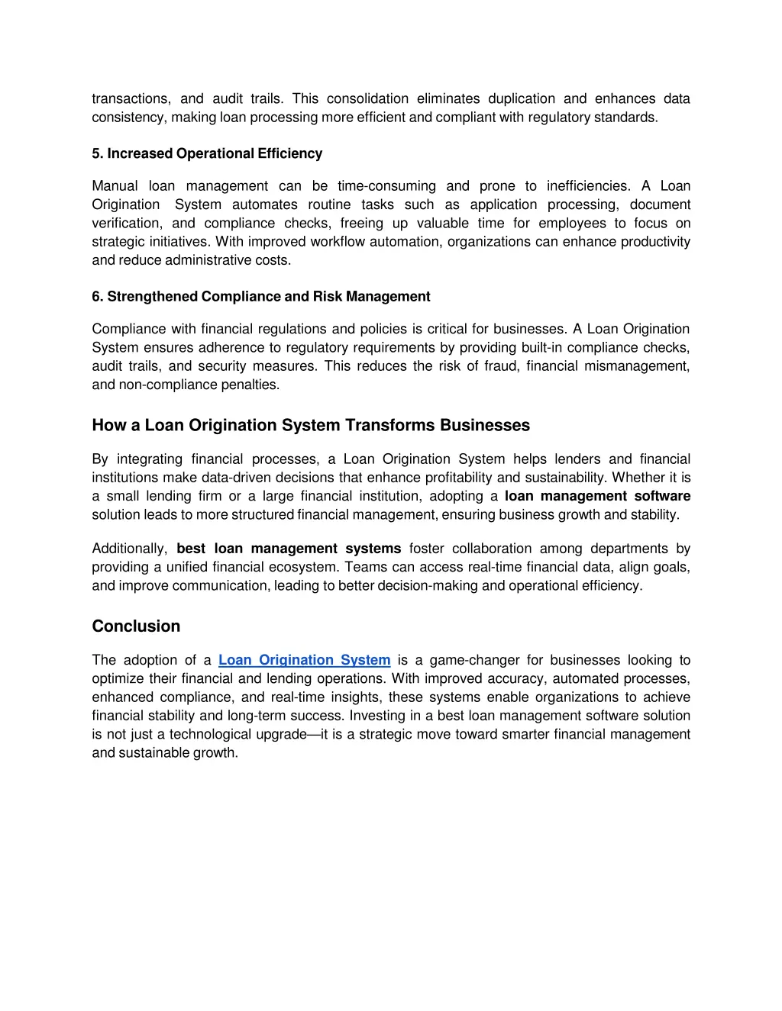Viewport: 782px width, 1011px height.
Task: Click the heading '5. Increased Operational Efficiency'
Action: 207,153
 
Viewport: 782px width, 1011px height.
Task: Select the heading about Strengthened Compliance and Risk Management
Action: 260,296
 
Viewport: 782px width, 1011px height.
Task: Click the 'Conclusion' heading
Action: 136,626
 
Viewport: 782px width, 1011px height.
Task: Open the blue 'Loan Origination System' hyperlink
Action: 304,660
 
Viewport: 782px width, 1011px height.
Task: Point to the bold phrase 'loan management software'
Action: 597,496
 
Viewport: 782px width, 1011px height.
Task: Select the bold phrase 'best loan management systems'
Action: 289,549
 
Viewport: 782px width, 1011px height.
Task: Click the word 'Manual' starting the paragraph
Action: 115,186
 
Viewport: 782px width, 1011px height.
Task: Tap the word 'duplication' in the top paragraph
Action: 522,98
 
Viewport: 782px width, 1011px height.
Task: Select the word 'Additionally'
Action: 128,549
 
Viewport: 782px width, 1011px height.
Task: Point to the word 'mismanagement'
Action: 636,366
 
